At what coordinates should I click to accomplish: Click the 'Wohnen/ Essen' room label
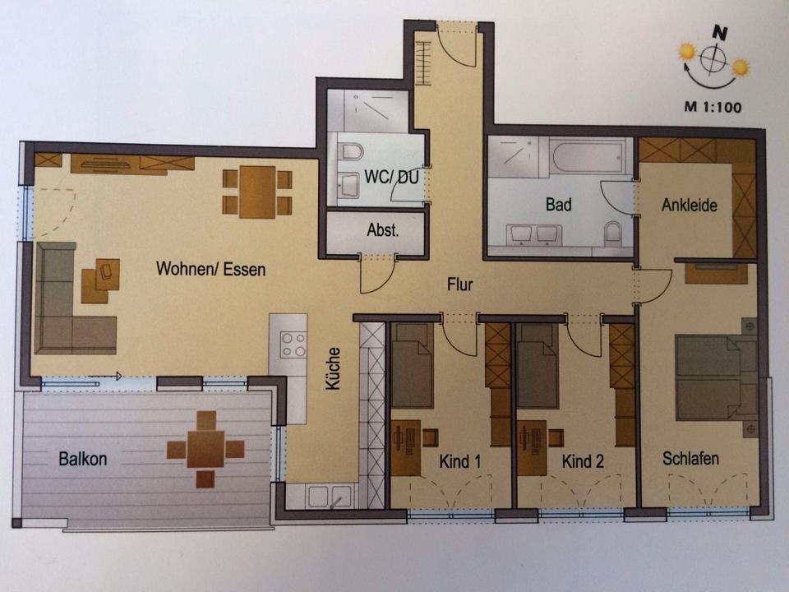click(x=211, y=269)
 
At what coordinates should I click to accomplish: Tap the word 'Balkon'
click(x=83, y=459)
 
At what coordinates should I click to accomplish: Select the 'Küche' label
click(x=333, y=368)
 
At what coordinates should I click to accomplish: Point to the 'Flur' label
click(x=460, y=284)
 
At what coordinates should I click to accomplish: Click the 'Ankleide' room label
click(x=690, y=205)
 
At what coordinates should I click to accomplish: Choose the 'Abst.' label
click(x=383, y=230)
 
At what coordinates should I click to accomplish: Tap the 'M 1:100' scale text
click(x=713, y=107)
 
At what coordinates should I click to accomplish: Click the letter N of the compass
click(x=720, y=34)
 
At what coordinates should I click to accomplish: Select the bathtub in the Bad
click(x=588, y=156)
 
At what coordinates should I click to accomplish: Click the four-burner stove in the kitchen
click(x=294, y=345)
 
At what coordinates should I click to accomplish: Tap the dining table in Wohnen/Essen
click(x=257, y=192)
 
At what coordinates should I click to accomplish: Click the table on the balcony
click(x=205, y=449)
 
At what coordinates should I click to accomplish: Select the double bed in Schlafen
click(x=716, y=377)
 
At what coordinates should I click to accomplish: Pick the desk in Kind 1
click(x=405, y=448)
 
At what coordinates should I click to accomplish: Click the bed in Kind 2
click(x=538, y=366)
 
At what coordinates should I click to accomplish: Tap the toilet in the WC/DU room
click(x=352, y=151)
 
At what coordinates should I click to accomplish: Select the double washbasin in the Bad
click(x=534, y=234)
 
